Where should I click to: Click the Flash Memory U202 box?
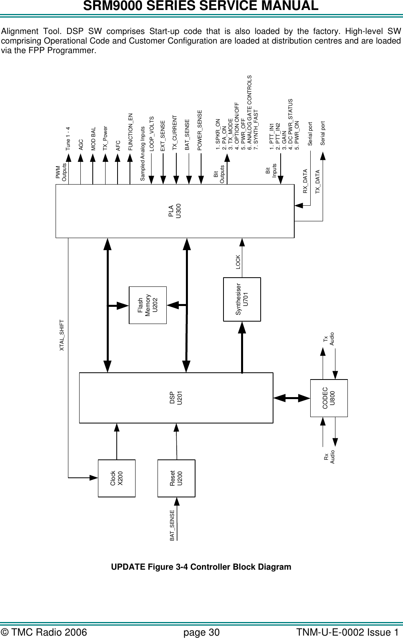[x=147, y=305]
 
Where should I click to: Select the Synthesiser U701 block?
[x=242, y=299]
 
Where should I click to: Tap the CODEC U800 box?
[x=329, y=398]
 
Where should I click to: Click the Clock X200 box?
[x=117, y=478]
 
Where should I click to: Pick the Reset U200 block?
[x=176, y=478]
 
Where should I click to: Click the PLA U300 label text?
[x=175, y=211]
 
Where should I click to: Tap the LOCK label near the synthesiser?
[x=238, y=262]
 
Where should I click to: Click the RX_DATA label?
[x=305, y=181]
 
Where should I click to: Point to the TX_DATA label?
[x=318, y=182]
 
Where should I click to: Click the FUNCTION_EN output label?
[x=130, y=132]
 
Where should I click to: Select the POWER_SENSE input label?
[x=200, y=130]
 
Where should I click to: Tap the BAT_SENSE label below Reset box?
[x=172, y=525]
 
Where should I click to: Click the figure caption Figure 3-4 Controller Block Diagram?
[x=201, y=567]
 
